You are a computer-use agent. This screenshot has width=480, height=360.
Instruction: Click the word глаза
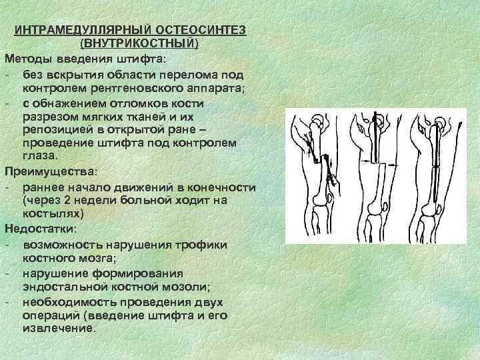pyautogui.click(x=39, y=156)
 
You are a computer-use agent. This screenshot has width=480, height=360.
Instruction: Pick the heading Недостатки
pyautogui.click(x=39, y=228)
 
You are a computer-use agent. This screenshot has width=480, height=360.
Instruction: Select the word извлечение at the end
pyautogui.click(x=58, y=329)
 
